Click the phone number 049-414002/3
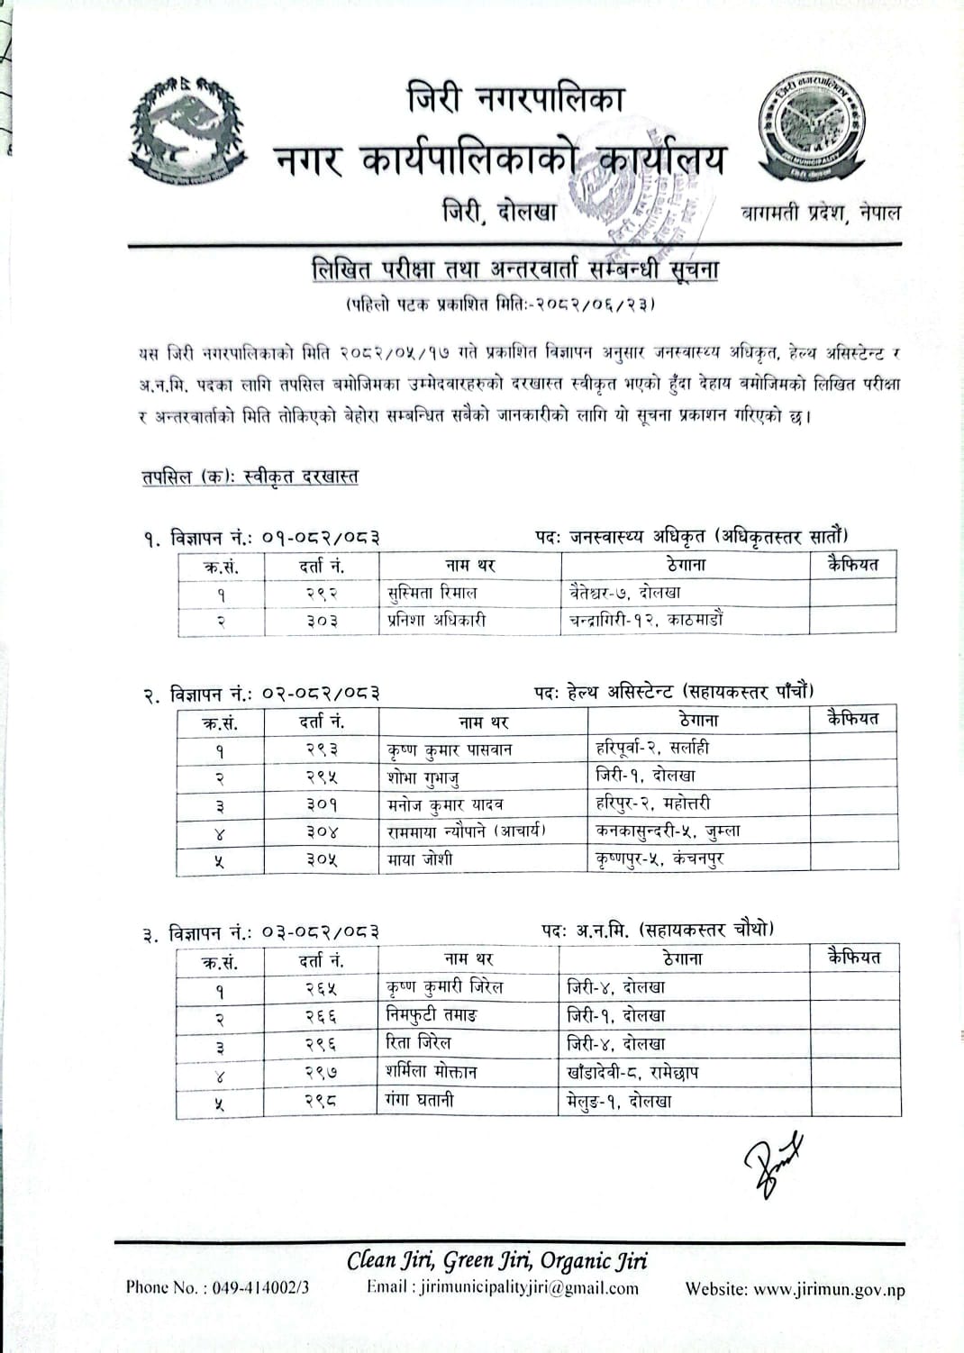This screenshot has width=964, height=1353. coord(217,1287)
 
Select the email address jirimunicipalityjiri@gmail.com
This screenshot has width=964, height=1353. coord(502,1288)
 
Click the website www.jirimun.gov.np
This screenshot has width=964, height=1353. coord(795,1289)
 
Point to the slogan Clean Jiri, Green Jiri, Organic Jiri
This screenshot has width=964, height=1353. coord(496,1261)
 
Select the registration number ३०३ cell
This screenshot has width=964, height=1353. coord(322,621)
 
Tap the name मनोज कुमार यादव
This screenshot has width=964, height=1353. coord(444,804)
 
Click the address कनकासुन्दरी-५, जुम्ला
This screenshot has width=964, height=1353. coord(668,831)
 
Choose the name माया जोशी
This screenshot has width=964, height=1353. coord(420,859)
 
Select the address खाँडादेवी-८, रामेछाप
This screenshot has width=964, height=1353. coord(632,1072)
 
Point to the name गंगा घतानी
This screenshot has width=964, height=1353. coord(420,1100)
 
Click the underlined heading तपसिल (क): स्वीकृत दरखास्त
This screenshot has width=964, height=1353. coord(250,477)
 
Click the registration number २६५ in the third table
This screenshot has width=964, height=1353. coord(321,988)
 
